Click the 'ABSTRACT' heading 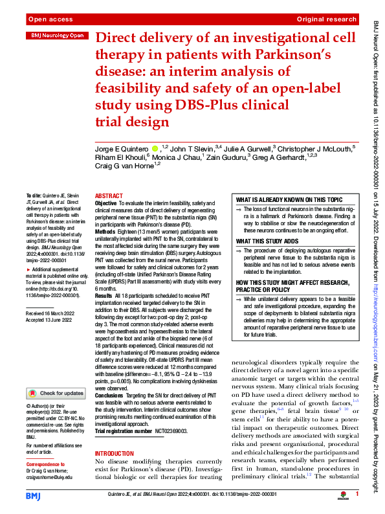108,196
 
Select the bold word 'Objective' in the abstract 106,203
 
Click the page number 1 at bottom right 357,495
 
